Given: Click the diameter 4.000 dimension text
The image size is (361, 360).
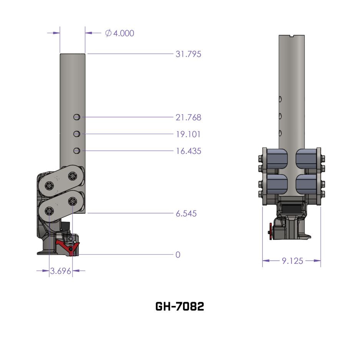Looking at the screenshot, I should pyautogui.click(x=120, y=33).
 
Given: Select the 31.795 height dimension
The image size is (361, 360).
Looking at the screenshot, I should pyautogui.click(x=188, y=54).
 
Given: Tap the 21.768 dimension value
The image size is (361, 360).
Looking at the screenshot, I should pyautogui.click(x=188, y=117).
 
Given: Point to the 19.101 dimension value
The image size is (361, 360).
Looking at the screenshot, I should pyautogui.click(x=188, y=134).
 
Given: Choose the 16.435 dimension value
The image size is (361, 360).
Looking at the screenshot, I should pyautogui.click(x=188, y=151).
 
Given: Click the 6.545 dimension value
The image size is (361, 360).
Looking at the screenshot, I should pyautogui.click(x=186, y=214).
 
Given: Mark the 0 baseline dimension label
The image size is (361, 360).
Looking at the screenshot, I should pyautogui.click(x=178, y=255).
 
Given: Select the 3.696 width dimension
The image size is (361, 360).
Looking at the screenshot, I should pyautogui.click(x=61, y=271).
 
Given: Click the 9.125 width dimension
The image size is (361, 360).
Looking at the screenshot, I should pyautogui.click(x=292, y=261).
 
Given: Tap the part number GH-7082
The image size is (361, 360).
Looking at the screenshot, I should pyautogui.click(x=180, y=306).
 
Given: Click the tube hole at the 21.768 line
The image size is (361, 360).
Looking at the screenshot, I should pyautogui.click(x=77, y=117).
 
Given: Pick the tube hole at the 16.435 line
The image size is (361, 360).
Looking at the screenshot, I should pyautogui.click(x=77, y=150).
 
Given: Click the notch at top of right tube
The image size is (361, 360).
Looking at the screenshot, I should pyautogui.click(x=293, y=36).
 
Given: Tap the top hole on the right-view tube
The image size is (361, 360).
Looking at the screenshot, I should pyautogui.click(x=280, y=99).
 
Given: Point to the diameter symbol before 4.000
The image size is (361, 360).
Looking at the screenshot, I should pyautogui.click(x=109, y=33).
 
